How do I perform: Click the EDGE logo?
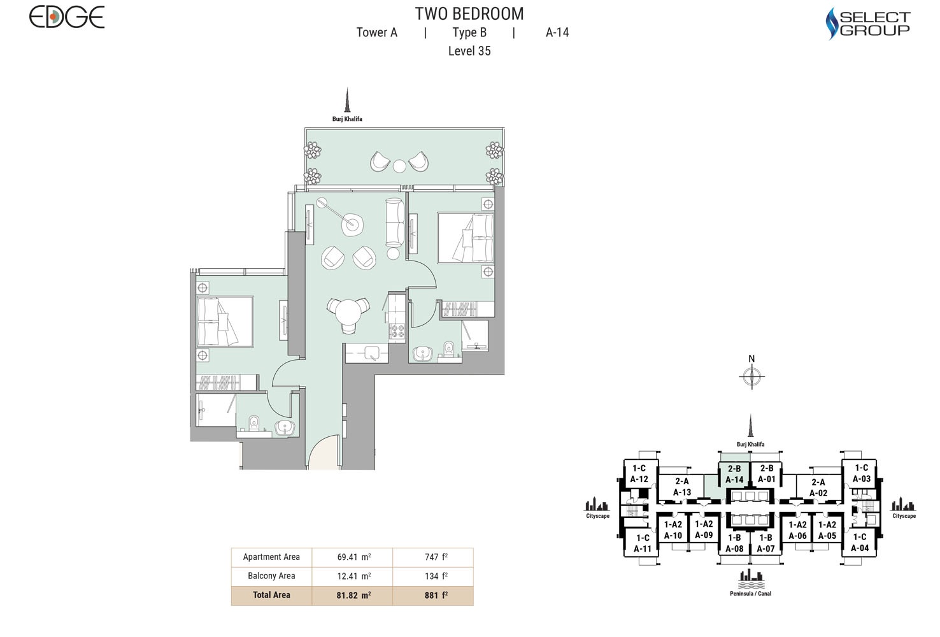[66, 17]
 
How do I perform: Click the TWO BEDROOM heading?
[469, 13]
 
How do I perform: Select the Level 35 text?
[469, 51]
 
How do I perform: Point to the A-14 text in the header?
[557, 32]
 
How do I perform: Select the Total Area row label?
[271, 595]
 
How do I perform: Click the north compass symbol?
[751, 377]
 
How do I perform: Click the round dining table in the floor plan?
[348, 312]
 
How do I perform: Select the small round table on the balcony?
[399, 166]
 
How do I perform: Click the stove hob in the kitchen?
[397, 331]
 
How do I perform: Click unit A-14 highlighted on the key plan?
[734, 475]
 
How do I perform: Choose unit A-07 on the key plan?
[766, 543]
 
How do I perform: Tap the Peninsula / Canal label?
[750, 594]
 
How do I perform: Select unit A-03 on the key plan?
[861, 473]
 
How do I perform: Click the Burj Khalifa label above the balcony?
[347, 119]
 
